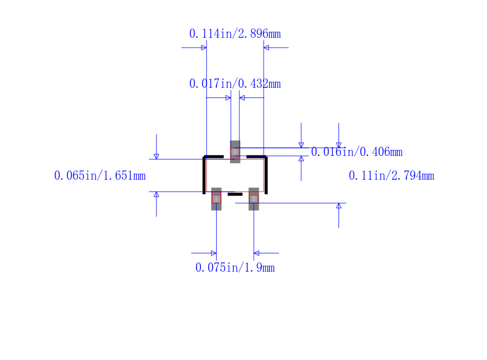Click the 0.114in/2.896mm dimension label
pos(235,34)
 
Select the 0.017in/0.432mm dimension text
pos(235,83)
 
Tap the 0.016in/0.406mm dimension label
pos(357,152)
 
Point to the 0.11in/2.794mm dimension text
pos(391,175)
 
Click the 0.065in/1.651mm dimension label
pos(100,175)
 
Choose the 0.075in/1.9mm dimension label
pos(235,267)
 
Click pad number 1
pos(216,199)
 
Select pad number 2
pos(254,199)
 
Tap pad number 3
pos(235,152)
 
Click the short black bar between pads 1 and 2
pos(235,194)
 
